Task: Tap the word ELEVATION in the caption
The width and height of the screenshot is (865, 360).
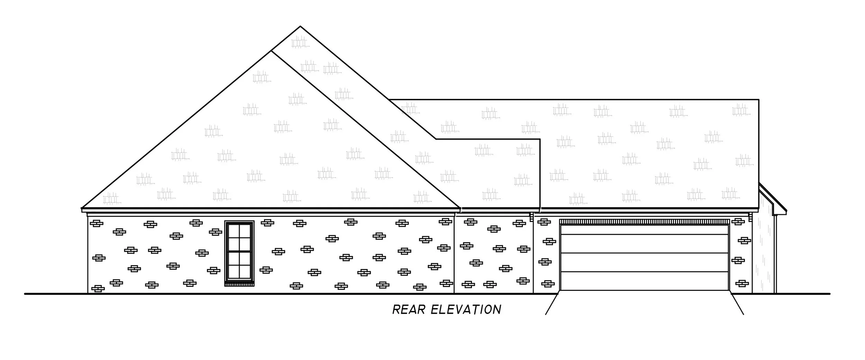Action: click(466, 310)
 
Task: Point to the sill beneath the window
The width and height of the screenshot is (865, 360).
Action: click(239, 284)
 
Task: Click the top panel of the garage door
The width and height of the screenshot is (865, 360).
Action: click(644, 230)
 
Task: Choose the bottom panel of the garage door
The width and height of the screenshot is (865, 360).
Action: click(644, 281)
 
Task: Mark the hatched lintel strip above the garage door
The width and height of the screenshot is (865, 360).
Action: click(644, 222)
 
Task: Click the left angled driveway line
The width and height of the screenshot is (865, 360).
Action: click(552, 304)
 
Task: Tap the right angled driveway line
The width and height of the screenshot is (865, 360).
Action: click(737, 304)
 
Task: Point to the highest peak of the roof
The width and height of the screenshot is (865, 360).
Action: click(300, 26)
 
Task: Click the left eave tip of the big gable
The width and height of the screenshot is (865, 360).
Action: click(82, 208)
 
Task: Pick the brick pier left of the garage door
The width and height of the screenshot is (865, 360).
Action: click(546, 256)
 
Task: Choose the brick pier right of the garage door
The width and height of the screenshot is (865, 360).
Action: click(740, 256)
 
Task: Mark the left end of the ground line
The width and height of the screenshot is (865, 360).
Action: click(25, 294)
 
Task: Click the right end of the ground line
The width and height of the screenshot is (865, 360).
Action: click(829, 294)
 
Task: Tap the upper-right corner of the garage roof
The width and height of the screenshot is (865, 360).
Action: click(758, 100)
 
